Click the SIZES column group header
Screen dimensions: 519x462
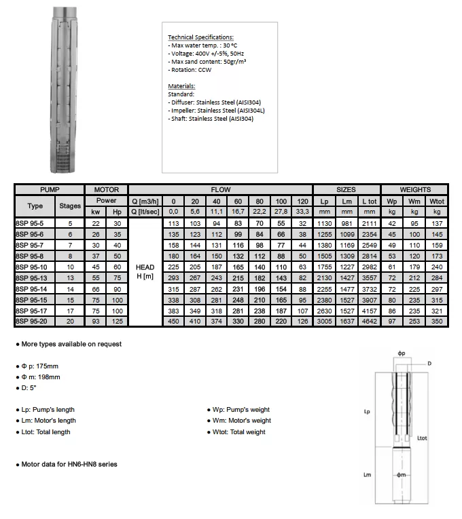pos(346,190)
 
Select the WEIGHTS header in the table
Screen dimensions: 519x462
pos(414,190)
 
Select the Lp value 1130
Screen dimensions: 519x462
pos(324,223)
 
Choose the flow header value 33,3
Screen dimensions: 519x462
pos(302,212)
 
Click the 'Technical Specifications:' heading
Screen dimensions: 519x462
pos(200,37)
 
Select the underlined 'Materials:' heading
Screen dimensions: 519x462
pos(181,86)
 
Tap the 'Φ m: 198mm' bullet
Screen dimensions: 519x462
pos(40,377)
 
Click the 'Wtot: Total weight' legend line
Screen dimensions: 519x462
pos(238,432)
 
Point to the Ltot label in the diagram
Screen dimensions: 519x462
pos(422,438)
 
